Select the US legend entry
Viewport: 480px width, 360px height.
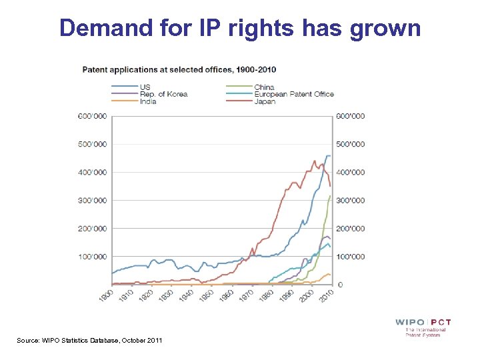[x=145, y=87]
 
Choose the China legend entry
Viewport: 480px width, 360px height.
[x=264, y=87]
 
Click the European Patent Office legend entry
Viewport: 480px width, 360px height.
[x=293, y=94]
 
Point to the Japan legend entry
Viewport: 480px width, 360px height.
[x=265, y=102]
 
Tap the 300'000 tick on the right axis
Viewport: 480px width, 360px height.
[x=351, y=200]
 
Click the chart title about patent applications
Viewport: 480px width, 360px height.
[x=179, y=69]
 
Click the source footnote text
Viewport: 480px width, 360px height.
[x=89, y=341]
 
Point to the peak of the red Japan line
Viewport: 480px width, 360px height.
[x=315, y=161]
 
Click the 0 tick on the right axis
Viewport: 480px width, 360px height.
[x=341, y=285]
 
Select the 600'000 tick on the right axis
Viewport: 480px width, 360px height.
[x=351, y=116]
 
